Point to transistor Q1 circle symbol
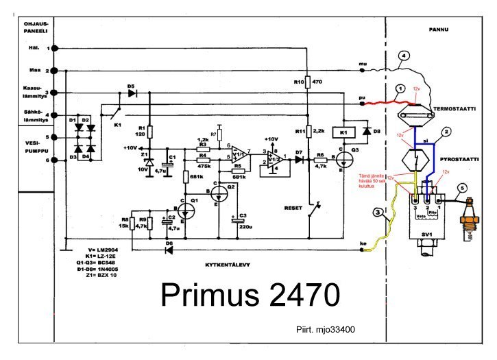click(x=187, y=208)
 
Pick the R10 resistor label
click(x=299, y=82)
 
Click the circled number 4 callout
click(x=404, y=56)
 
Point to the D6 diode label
click(x=169, y=235)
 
